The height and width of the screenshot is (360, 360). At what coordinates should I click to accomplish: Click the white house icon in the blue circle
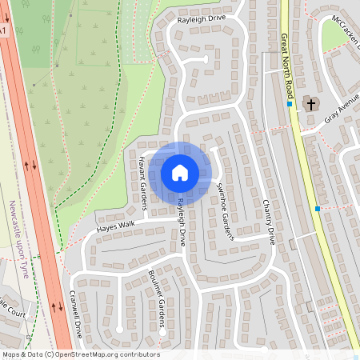(x=180, y=171)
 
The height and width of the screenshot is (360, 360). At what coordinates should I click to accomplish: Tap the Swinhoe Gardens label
(x=225, y=209)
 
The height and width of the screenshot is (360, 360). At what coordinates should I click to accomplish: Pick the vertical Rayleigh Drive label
(x=182, y=222)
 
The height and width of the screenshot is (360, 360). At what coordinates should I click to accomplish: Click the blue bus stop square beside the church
(x=290, y=104)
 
